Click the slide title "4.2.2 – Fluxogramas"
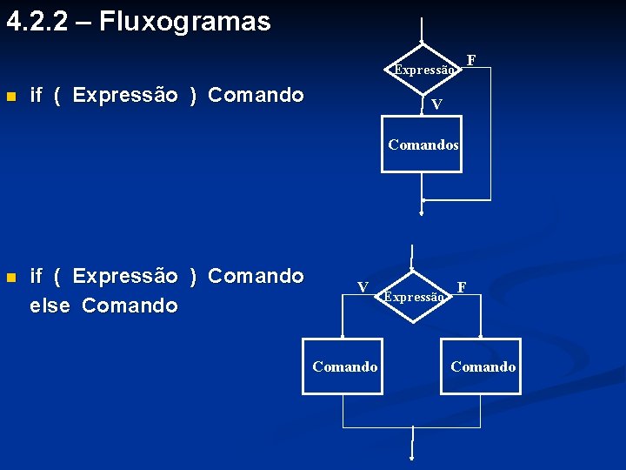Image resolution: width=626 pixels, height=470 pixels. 138,22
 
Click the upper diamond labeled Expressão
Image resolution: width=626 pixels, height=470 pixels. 422,69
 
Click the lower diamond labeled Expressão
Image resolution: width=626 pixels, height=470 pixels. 414,296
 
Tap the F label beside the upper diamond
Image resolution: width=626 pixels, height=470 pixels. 471,59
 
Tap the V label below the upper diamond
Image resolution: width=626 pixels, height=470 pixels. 436,104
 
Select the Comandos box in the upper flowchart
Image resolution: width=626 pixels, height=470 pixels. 422,145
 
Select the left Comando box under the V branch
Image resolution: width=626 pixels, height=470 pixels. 343,366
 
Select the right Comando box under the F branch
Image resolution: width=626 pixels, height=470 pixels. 482,366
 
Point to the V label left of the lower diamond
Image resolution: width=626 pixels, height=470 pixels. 363,287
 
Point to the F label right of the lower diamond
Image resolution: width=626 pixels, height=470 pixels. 462,286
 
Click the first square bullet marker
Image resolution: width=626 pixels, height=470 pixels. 10,96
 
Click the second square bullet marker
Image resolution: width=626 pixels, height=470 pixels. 10,278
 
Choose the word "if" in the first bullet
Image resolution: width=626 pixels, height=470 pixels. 37,95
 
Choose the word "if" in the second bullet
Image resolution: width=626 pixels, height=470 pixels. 37,277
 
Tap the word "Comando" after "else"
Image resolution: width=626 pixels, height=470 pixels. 130,305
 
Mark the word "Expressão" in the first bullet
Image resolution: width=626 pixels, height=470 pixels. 125,95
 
